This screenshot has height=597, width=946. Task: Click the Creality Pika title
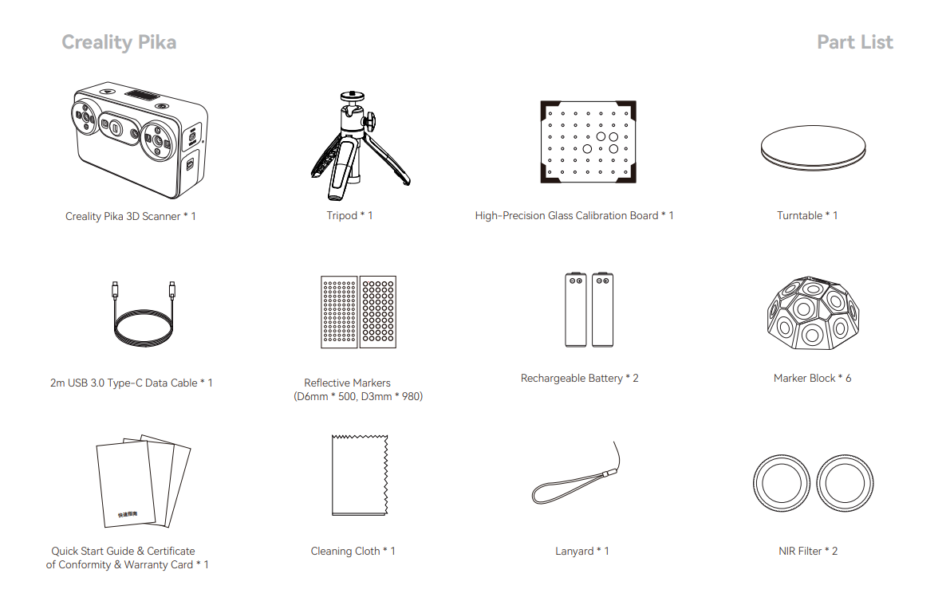119,42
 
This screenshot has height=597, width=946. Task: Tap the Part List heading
854,42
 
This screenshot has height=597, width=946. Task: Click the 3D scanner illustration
140,140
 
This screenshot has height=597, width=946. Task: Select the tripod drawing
360,145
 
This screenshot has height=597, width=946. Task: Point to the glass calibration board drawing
588,142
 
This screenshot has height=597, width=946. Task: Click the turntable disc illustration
813,148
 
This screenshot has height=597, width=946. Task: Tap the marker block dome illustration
813,313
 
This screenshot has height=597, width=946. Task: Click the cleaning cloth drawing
360,475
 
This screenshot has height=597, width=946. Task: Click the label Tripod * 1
349,215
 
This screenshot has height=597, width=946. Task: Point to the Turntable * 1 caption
806,215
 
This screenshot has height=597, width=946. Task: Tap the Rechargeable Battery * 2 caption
579,378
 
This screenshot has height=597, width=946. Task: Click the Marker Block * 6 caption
812,378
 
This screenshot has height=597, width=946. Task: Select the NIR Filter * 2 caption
808,552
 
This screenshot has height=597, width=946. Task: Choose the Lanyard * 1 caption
581,552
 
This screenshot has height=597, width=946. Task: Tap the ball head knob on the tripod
369,120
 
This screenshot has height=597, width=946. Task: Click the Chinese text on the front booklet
128,514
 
